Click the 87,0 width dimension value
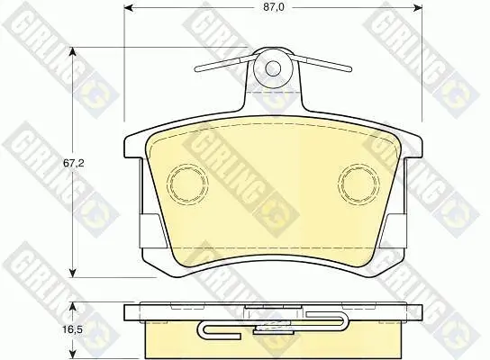273,7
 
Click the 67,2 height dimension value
74,163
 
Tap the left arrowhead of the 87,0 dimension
129,8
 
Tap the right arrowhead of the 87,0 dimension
418,8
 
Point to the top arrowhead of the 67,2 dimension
73,52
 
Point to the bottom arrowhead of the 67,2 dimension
73,273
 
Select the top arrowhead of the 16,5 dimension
73,307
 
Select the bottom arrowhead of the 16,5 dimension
73,353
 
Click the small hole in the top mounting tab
273,68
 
